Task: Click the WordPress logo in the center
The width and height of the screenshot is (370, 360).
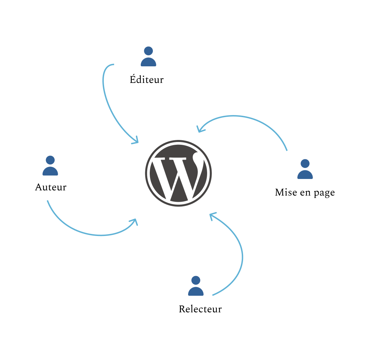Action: (x=178, y=173)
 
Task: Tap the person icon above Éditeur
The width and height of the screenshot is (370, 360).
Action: (x=148, y=56)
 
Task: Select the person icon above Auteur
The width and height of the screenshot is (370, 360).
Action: (x=50, y=165)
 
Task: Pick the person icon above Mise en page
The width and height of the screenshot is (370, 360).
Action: (x=305, y=169)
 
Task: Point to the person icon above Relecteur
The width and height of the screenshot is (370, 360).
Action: (x=196, y=286)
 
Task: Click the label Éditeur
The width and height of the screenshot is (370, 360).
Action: (x=147, y=79)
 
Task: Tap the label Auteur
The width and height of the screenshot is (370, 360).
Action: (x=51, y=187)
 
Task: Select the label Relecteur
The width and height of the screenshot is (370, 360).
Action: (x=200, y=309)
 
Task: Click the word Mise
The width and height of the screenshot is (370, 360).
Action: (x=286, y=192)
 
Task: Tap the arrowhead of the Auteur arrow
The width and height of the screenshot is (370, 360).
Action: (x=134, y=221)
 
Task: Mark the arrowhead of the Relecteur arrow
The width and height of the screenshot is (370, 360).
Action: (x=212, y=215)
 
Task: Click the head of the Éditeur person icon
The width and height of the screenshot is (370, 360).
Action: (x=148, y=51)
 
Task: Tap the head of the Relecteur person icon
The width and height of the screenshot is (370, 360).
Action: (x=196, y=280)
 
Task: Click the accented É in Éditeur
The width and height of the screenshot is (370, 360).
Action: (x=133, y=79)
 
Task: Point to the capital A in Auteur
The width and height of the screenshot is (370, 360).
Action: (x=39, y=187)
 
